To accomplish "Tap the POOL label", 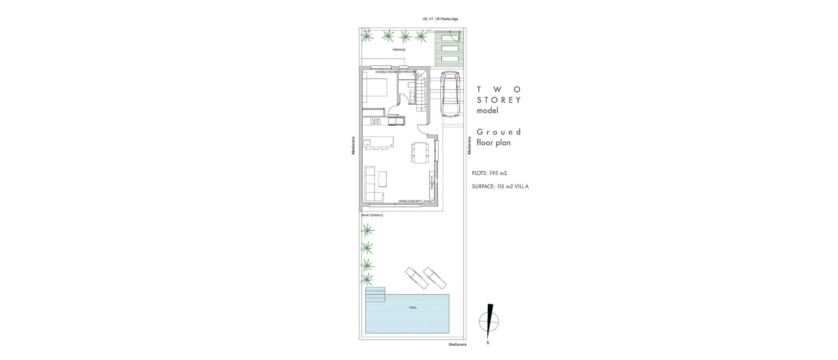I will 413,308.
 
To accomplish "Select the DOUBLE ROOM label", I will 100,72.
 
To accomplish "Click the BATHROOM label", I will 120,72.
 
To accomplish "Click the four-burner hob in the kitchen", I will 89,121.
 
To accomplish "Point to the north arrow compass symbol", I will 489,319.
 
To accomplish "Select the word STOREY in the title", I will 499,100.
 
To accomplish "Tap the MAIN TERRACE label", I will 372,215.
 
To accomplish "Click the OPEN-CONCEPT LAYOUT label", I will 416,201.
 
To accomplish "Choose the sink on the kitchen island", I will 81,142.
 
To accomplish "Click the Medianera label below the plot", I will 457,344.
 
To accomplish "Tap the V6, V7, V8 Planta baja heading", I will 437,19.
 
